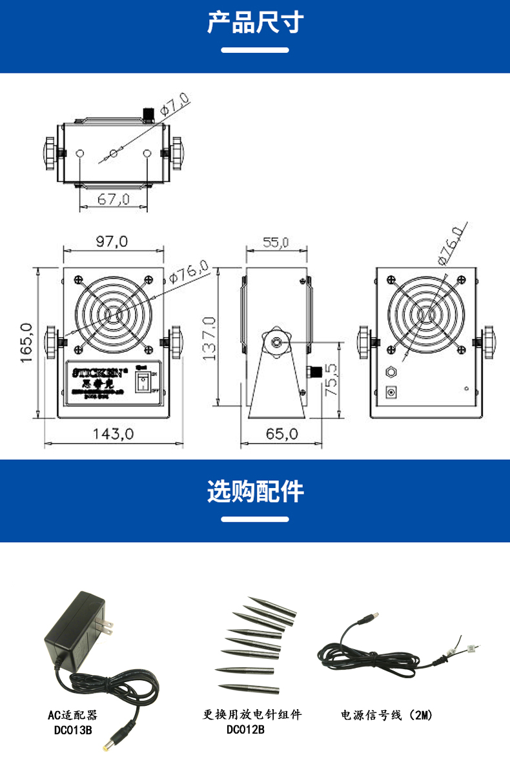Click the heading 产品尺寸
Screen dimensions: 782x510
click(x=255, y=23)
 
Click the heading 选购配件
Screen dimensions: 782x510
click(x=255, y=491)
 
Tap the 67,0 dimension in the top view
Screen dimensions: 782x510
click(x=114, y=199)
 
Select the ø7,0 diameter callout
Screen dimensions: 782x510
click(x=174, y=104)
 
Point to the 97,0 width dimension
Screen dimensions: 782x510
click(x=112, y=242)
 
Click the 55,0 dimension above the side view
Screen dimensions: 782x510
click(x=276, y=242)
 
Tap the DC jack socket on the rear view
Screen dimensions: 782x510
click(x=391, y=391)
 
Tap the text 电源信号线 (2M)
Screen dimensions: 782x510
click(x=387, y=715)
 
